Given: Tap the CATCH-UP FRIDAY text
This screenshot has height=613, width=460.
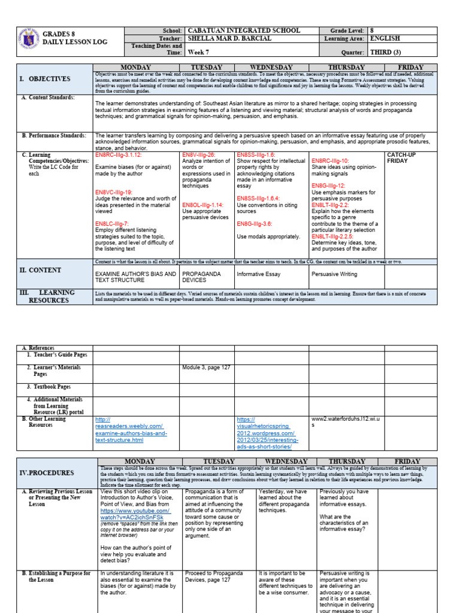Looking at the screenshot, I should pos(401,158).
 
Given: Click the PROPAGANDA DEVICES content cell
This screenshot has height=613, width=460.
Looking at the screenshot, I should pos(201,277).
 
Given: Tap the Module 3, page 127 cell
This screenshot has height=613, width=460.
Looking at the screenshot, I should pos(206,368).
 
